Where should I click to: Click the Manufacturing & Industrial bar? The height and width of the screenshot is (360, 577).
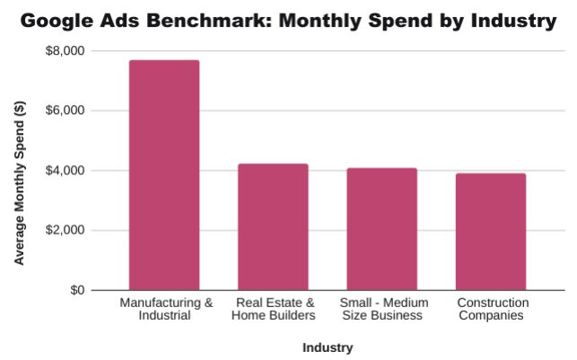[164, 175]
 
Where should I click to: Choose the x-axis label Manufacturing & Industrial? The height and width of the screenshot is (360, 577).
[166, 309]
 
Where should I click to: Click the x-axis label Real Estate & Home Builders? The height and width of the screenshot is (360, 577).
[274, 309]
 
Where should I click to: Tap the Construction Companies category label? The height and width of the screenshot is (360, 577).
[492, 309]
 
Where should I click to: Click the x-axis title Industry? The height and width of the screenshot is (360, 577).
[328, 347]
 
